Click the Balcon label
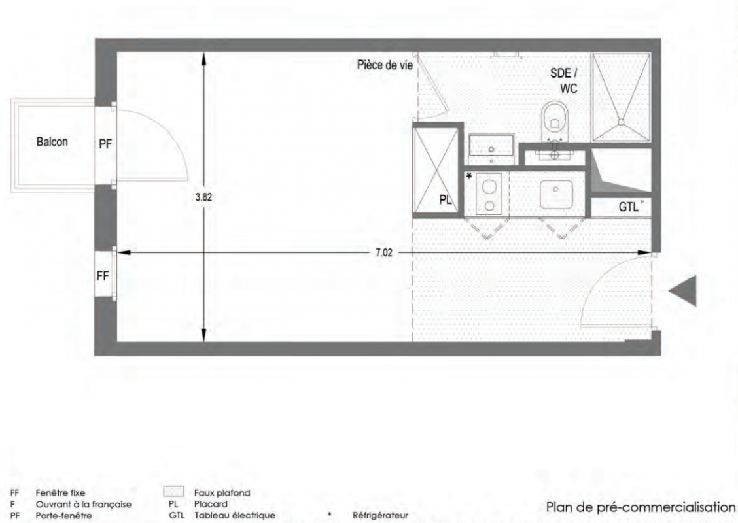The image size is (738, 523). click(52, 142)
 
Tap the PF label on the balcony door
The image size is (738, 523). click(105, 144)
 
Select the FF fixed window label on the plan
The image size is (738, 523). click(103, 276)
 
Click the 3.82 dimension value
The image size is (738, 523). click(203, 197)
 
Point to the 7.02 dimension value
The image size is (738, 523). click(383, 252)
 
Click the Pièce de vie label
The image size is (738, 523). click(385, 65)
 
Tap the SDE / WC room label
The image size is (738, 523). click(565, 80)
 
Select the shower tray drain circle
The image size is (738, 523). click(621, 122)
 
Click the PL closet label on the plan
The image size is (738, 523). click(446, 199)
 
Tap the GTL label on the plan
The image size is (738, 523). click(628, 207)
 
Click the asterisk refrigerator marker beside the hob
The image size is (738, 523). click(469, 177)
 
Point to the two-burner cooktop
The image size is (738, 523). click(489, 194)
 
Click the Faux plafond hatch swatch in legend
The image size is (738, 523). click(173, 492)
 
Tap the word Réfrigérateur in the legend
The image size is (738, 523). click(380, 515)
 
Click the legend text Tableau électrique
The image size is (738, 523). click(235, 515)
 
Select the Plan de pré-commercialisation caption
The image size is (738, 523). click(641, 507)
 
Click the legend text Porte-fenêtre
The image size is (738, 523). click(63, 515)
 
